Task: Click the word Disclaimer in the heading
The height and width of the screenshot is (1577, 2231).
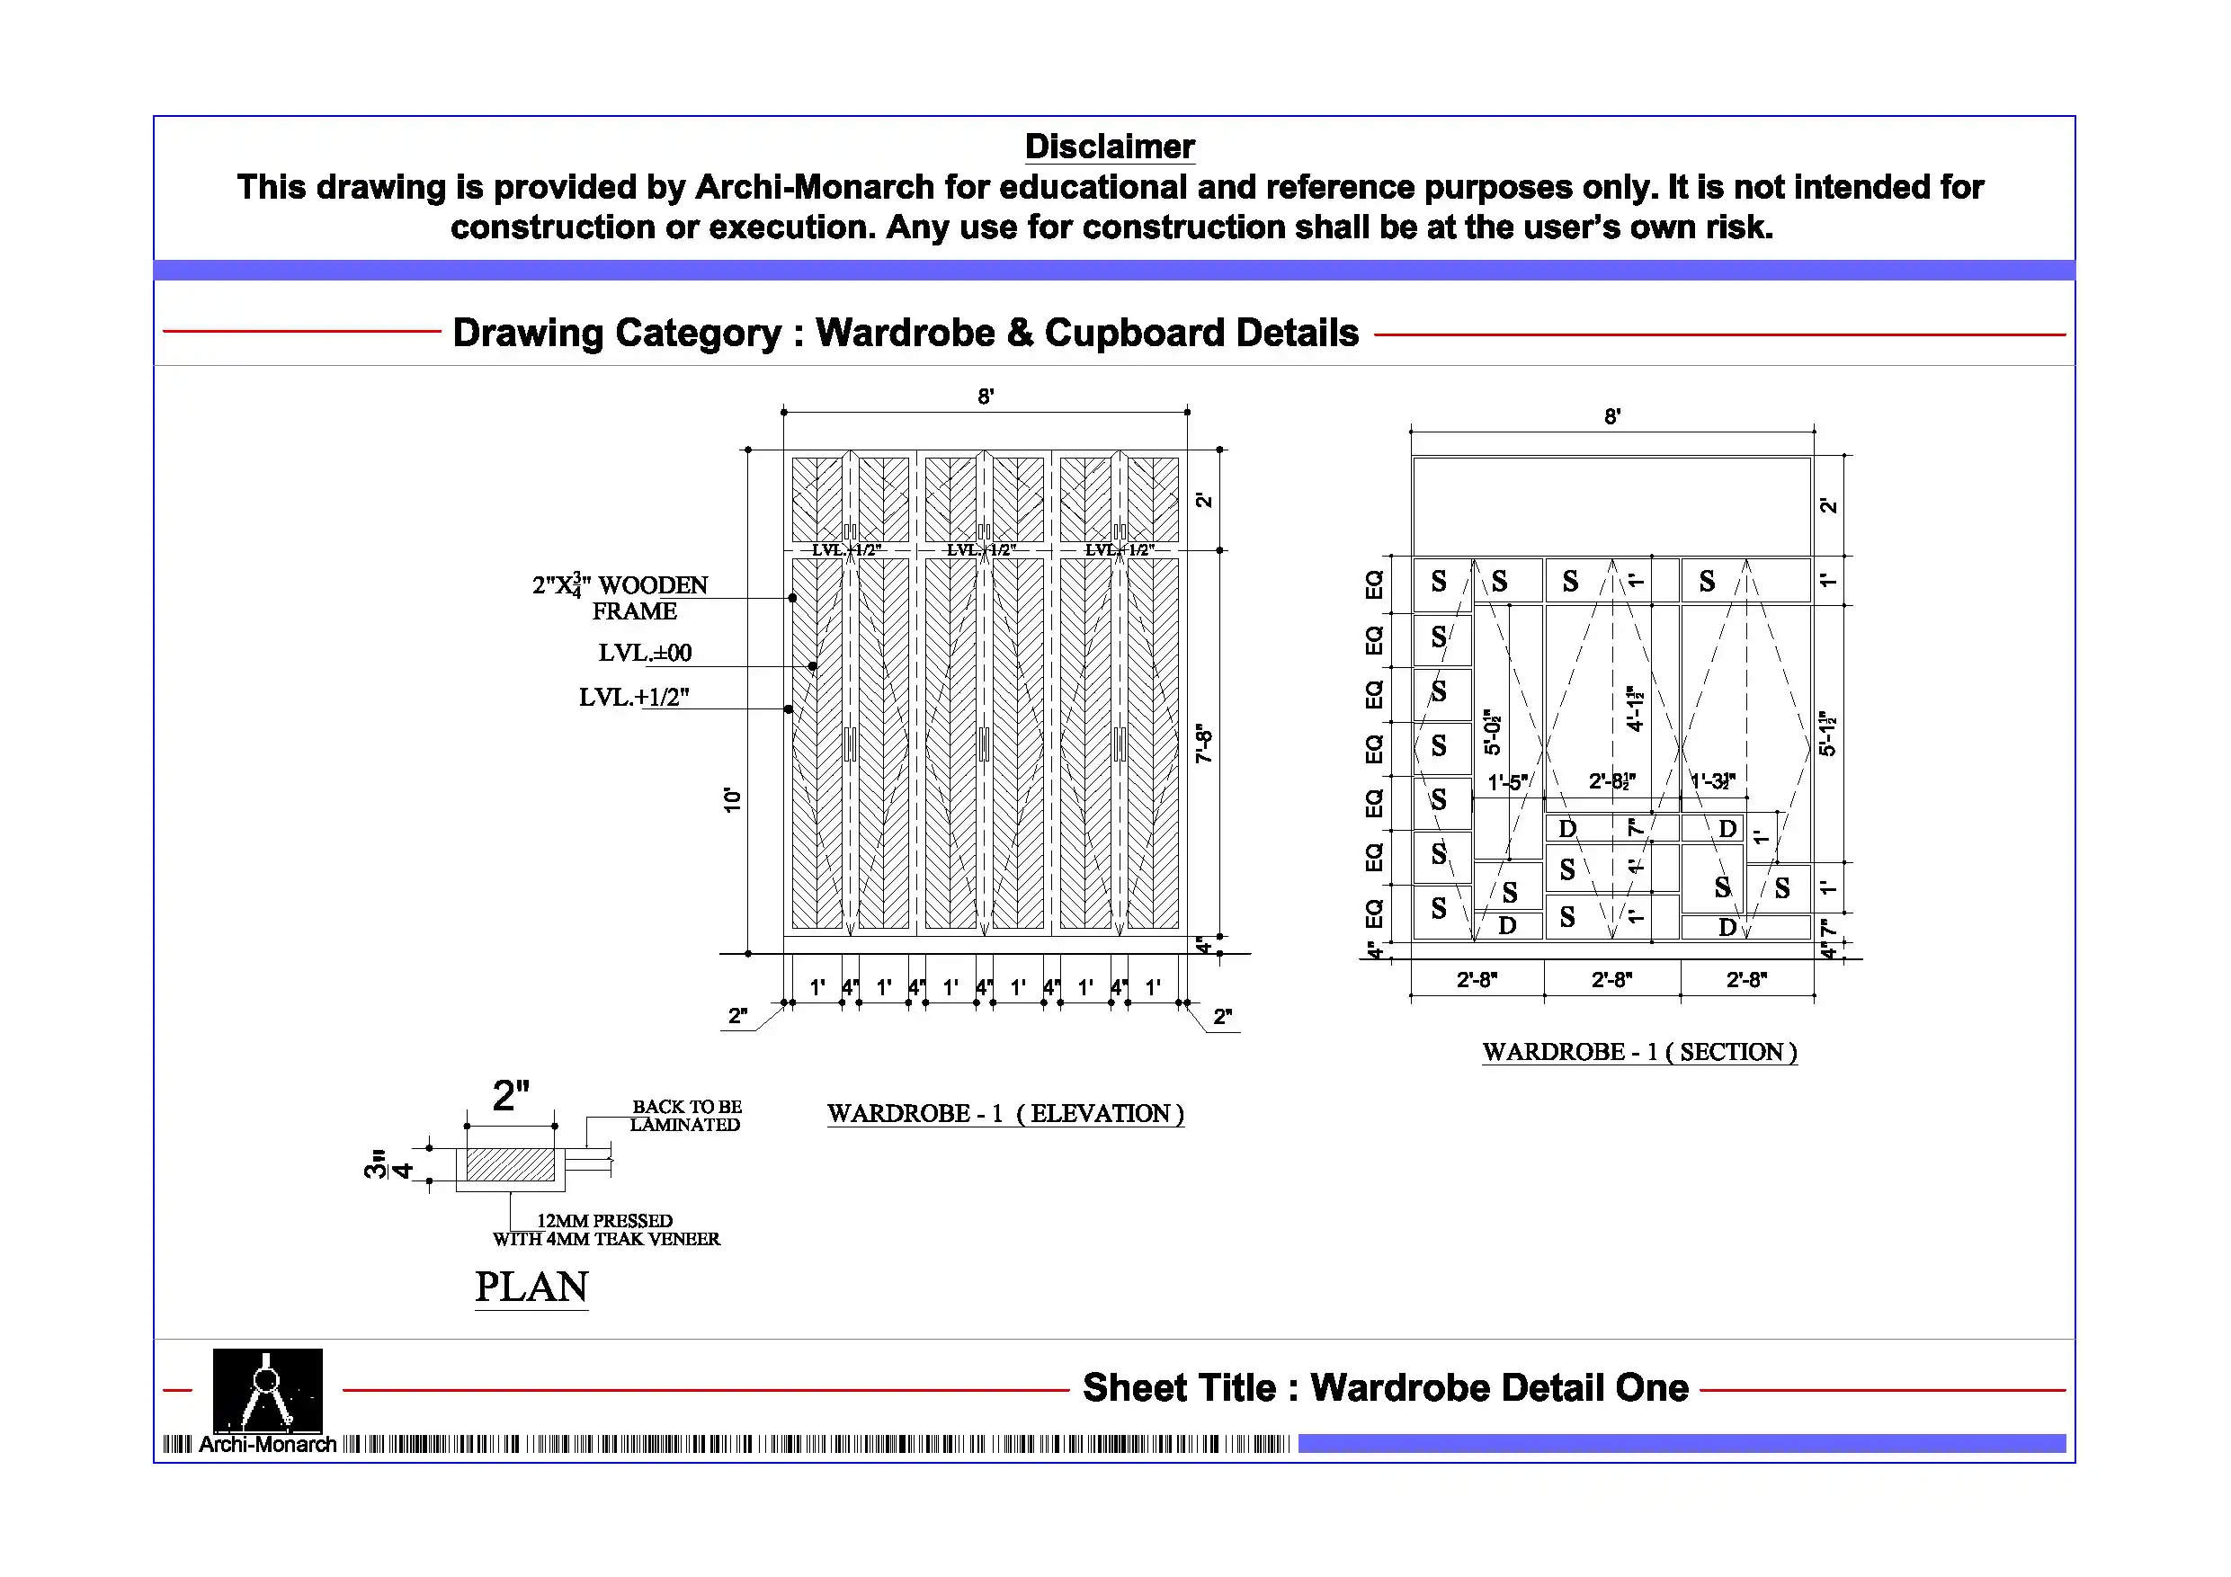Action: [1109, 147]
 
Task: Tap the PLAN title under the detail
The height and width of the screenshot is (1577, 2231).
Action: [531, 1287]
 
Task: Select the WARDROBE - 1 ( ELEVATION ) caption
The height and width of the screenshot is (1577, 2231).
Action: [1004, 1113]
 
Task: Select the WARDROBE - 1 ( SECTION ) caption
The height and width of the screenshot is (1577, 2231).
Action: [1639, 1052]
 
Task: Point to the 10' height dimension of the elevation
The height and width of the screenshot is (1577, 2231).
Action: [732, 799]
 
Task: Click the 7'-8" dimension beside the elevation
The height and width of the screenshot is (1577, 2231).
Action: [1204, 744]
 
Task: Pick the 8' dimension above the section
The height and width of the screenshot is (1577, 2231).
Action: [1612, 417]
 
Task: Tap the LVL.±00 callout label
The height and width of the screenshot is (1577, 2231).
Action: [644, 653]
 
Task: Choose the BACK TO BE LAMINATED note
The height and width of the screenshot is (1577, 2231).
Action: [686, 1116]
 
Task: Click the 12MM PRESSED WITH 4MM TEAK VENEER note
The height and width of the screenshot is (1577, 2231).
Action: [605, 1230]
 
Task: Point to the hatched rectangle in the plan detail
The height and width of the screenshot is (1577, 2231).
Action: [510, 1164]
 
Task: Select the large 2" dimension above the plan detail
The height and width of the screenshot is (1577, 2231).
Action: [511, 1096]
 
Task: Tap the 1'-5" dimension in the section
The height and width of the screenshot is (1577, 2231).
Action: [1507, 782]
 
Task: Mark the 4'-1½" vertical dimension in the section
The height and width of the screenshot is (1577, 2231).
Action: [1635, 708]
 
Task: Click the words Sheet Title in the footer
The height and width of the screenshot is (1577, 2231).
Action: [1179, 1387]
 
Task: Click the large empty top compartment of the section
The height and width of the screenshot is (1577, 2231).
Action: [1611, 505]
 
